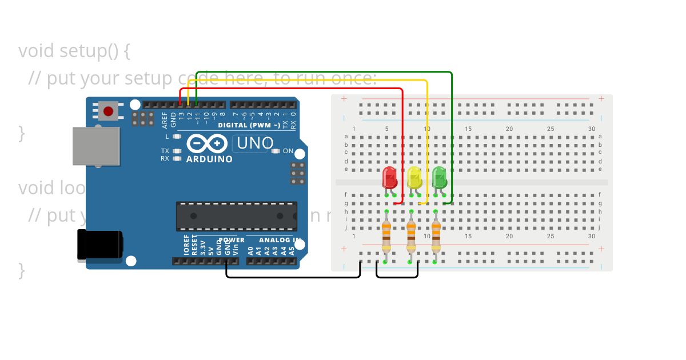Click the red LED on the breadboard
click(389, 177)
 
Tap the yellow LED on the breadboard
click(414, 177)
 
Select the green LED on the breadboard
click(439, 177)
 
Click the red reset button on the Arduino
click(108, 111)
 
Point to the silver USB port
click(96, 146)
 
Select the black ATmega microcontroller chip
click(236, 216)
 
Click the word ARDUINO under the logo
click(209, 159)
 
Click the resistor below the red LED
click(386, 237)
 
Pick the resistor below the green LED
click(436, 237)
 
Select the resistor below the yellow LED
click(411, 237)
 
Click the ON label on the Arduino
click(288, 151)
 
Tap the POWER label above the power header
click(232, 240)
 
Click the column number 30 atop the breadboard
click(591, 129)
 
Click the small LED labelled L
click(177, 137)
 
